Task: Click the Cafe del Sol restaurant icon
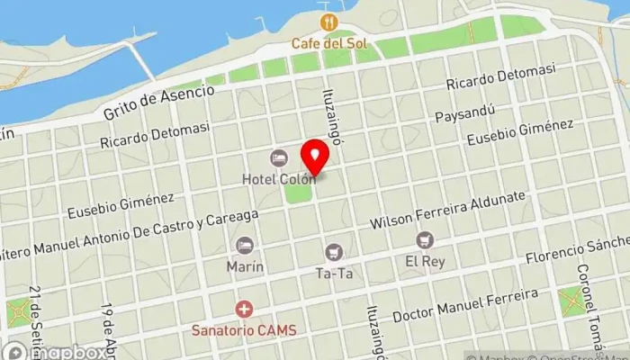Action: (328, 22)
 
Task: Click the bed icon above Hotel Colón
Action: (279, 158)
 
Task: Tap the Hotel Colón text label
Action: (278, 178)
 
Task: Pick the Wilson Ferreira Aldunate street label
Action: (447, 209)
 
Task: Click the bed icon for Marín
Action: (244, 246)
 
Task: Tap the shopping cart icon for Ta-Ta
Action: (335, 253)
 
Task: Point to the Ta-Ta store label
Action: (335, 273)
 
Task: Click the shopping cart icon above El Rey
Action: (425, 240)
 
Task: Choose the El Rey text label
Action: (425, 261)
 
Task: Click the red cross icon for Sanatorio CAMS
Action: (243, 310)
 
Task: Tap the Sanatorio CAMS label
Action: (243, 329)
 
